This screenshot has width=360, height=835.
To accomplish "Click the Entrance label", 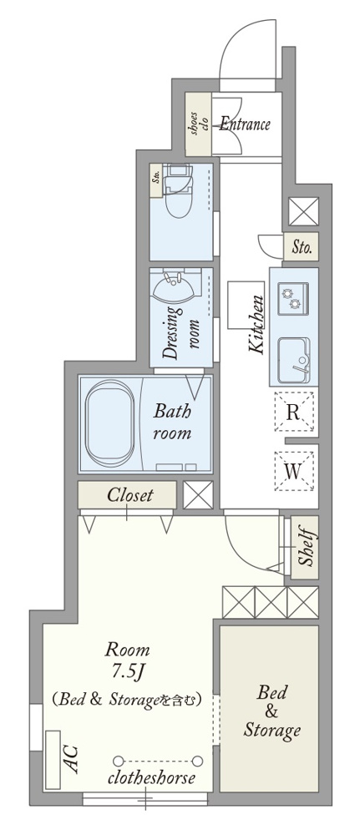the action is (245, 124).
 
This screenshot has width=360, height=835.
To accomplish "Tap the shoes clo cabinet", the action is (198, 124).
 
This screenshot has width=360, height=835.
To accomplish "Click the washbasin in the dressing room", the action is (174, 287).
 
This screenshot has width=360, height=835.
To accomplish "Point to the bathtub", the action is (109, 423).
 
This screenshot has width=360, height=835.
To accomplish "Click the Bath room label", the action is (172, 421).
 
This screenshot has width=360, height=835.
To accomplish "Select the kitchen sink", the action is (293, 360).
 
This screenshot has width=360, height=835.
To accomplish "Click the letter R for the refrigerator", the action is (293, 412).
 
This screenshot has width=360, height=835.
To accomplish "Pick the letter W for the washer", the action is (293, 471).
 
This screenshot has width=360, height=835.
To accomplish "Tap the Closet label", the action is (130, 494).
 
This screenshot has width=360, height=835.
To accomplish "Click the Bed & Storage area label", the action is (271, 711).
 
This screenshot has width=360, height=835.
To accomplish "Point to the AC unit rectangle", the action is (53, 760).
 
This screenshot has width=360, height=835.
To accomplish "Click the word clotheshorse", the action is (151, 778).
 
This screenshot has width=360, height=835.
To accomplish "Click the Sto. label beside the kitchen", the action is (302, 247).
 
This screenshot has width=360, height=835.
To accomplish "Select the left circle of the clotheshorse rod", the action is (119, 761).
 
